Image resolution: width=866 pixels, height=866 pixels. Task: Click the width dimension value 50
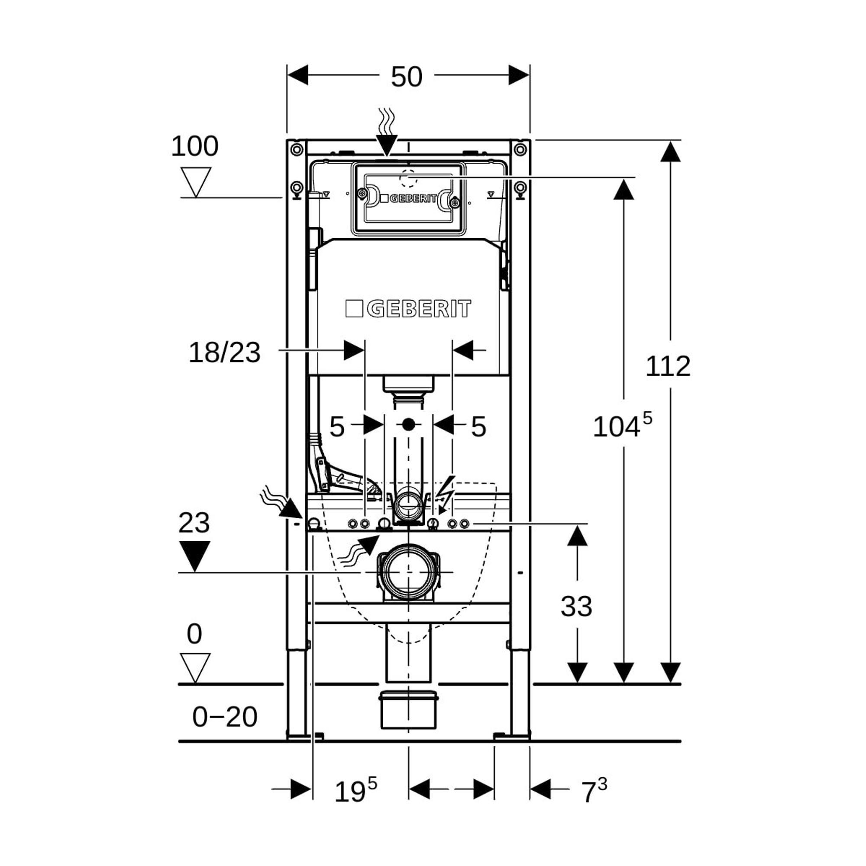[x=406, y=77]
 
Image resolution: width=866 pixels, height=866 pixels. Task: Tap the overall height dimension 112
[x=667, y=366]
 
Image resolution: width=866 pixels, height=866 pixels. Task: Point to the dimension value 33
[x=576, y=607]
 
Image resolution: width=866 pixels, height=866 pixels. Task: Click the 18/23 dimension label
[x=224, y=353]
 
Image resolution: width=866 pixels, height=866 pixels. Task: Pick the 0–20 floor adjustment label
[x=225, y=717]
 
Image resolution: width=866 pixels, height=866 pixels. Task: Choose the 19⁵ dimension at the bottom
[x=355, y=791]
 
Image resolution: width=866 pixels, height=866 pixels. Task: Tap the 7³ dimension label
[x=594, y=791]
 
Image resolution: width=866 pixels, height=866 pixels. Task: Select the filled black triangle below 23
[x=194, y=555]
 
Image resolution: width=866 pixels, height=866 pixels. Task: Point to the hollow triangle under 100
[x=195, y=181]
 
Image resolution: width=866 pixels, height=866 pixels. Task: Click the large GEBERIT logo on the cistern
[x=408, y=309]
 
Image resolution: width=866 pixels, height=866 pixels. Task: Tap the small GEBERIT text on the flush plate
[x=409, y=199]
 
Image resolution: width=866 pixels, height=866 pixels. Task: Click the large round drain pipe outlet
[x=408, y=573]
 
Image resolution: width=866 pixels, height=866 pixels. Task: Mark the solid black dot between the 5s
[x=408, y=424]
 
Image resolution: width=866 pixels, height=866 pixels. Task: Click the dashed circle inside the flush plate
[x=408, y=178]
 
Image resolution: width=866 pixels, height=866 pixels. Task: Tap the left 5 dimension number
[x=337, y=427]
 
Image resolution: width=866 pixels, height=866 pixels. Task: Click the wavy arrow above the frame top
[x=386, y=132]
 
